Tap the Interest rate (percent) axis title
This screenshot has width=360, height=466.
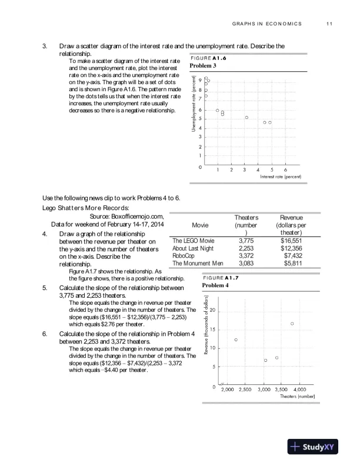(280, 177)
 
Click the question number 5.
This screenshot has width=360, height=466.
(45, 288)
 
